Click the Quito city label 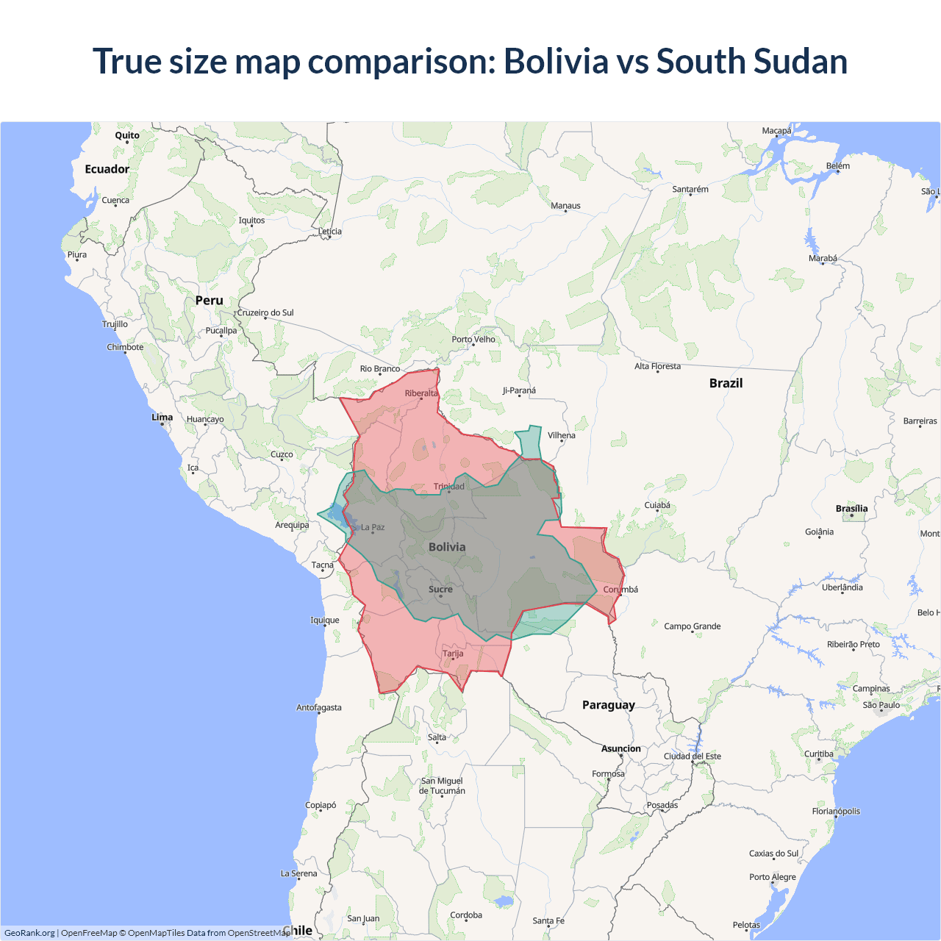click(x=127, y=135)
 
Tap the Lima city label click(x=162, y=417)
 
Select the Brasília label click(x=851, y=509)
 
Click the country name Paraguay click(x=608, y=705)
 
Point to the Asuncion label click(x=621, y=748)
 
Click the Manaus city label click(x=565, y=206)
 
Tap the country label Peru click(x=209, y=301)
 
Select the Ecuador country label click(x=107, y=169)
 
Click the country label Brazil click(x=726, y=383)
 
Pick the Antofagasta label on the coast click(x=318, y=707)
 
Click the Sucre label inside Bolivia click(x=440, y=589)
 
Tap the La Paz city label click(x=373, y=527)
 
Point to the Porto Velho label click(x=473, y=339)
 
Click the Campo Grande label click(x=692, y=626)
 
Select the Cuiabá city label click(x=657, y=505)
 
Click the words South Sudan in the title click(x=751, y=61)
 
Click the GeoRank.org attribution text click(x=29, y=933)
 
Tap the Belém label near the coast click(x=837, y=165)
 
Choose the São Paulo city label click(x=881, y=705)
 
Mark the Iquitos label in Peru click(x=251, y=220)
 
